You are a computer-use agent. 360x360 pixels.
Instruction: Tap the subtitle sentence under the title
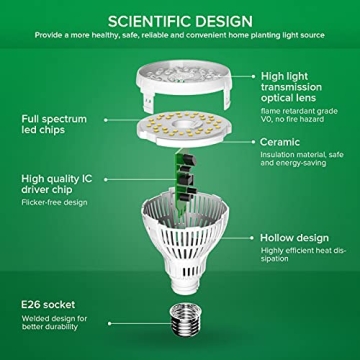180,35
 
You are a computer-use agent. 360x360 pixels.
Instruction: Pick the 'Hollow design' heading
294,238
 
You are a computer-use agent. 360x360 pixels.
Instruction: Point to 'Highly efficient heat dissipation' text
304,256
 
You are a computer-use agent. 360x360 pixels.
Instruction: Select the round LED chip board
181,139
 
